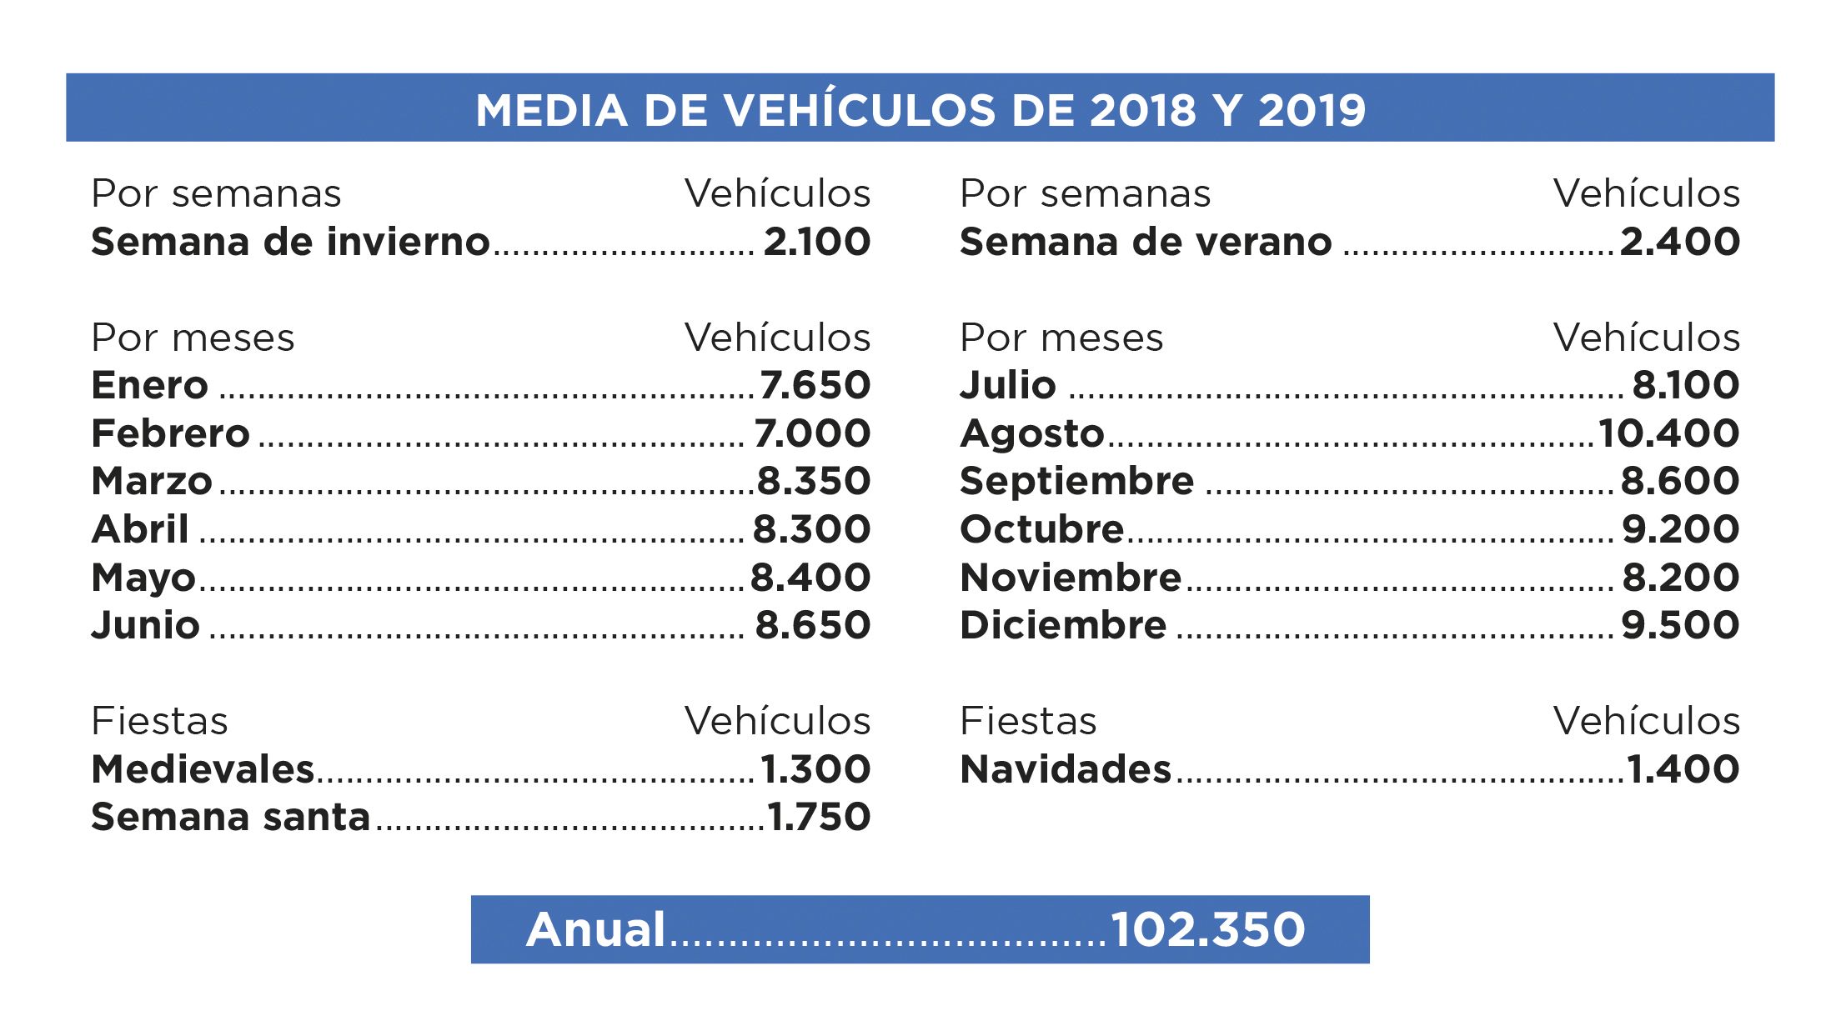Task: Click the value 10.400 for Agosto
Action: click(1668, 433)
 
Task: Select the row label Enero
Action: click(149, 385)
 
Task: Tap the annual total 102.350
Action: click(1207, 929)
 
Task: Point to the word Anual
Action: click(595, 929)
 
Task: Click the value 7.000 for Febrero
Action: click(812, 433)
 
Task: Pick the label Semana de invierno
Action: click(290, 242)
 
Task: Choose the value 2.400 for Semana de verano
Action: click(1680, 242)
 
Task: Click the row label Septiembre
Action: click(1076, 481)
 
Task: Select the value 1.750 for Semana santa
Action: click(819, 817)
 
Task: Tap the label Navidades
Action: click(1066, 769)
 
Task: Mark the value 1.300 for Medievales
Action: click(815, 769)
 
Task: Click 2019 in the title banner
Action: click(1312, 110)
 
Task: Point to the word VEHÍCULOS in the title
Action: click(859, 110)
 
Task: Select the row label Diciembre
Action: click(1063, 625)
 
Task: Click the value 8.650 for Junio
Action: click(813, 625)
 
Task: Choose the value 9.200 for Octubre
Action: click(1680, 529)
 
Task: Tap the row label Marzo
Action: click(152, 481)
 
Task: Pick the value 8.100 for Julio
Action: click(1685, 385)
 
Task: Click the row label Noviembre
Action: click(1071, 578)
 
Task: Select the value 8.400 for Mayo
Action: click(810, 578)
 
